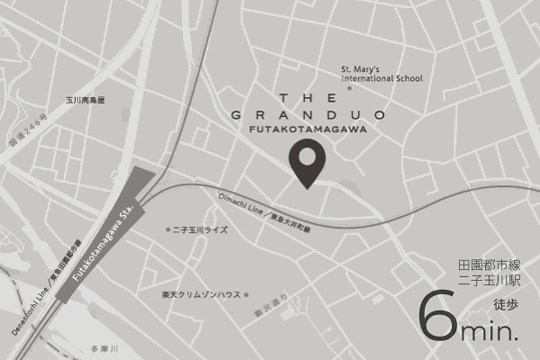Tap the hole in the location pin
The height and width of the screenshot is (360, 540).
(307, 156)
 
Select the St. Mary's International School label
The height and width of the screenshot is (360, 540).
(382, 74)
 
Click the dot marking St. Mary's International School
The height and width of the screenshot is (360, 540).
(349, 89)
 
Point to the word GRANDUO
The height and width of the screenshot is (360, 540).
(308, 115)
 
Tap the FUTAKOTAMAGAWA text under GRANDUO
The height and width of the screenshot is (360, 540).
(308, 129)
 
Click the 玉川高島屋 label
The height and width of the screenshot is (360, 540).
(85, 100)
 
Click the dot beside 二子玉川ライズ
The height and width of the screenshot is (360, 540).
(168, 230)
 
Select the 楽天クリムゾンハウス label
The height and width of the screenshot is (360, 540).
(201, 295)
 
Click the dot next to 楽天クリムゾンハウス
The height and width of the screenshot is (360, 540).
(246, 295)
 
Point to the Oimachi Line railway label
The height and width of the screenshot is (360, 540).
(265, 214)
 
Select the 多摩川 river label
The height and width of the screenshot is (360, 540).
(104, 349)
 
